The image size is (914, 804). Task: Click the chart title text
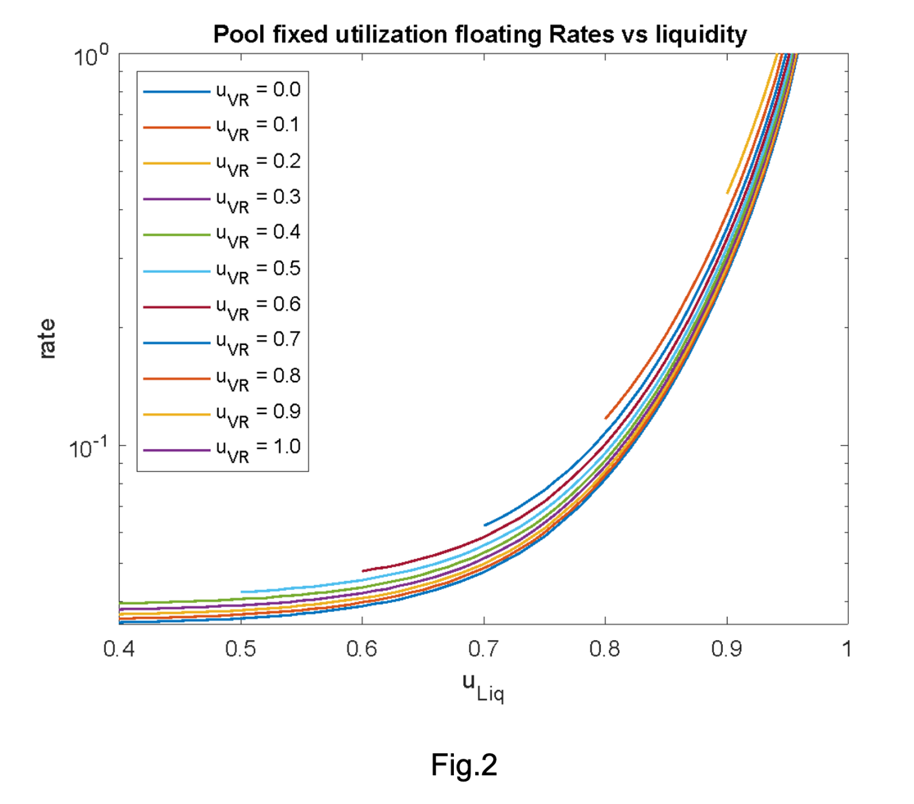[480, 35]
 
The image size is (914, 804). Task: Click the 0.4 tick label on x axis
[119, 649]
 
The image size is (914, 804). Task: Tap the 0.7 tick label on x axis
[483, 649]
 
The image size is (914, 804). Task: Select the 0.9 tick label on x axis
[726, 649]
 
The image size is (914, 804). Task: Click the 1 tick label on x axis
[846, 649]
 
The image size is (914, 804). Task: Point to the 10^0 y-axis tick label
[91, 57]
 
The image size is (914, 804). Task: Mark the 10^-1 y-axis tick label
[88, 448]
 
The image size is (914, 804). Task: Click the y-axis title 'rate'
[47, 339]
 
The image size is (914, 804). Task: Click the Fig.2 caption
[464, 764]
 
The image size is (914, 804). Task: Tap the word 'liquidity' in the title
[701, 35]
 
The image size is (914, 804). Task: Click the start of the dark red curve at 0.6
[363, 571]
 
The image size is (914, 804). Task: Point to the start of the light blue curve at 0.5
[242, 591]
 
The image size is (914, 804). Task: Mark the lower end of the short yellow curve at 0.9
[728, 193]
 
